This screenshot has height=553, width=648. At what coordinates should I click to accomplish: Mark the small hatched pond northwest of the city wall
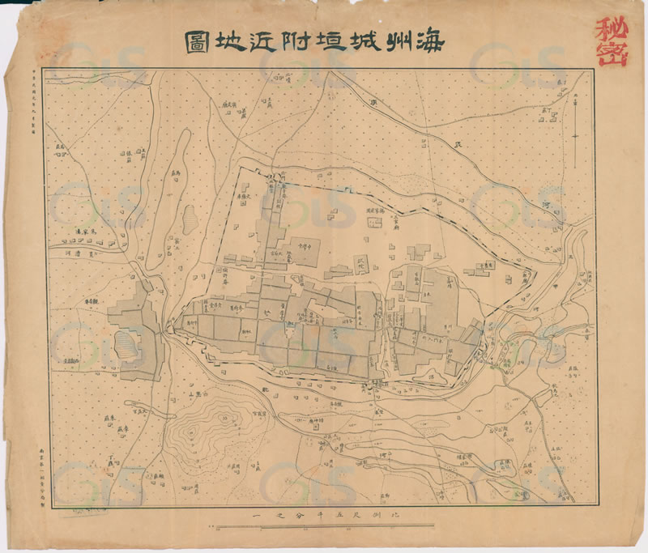pos(189,217)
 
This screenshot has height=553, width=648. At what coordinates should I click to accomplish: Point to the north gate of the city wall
pos(277,177)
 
